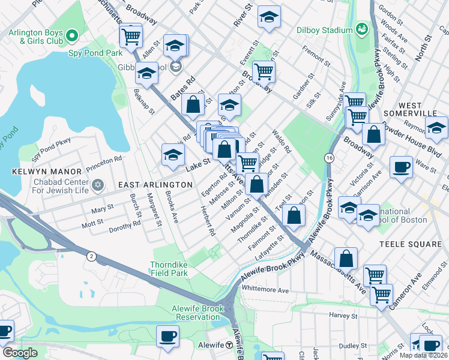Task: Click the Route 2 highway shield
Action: point(91,256)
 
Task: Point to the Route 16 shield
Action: point(329,157)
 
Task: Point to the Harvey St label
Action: point(343,315)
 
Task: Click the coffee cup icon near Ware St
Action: point(400,167)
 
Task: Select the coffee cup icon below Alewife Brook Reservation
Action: point(167,336)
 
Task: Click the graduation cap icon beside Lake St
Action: point(172,155)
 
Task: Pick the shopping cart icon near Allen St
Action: point(130,36)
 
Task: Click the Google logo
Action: point(20,352)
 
